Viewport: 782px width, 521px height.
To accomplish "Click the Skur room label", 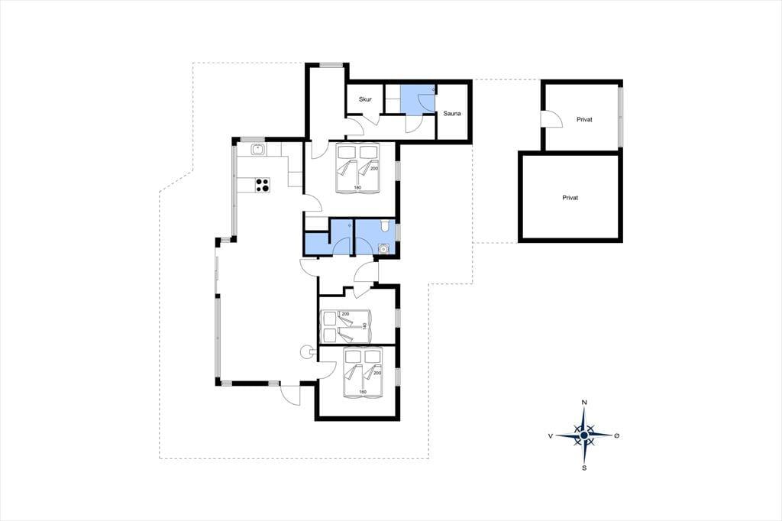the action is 365,99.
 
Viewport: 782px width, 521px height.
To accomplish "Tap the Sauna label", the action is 452,113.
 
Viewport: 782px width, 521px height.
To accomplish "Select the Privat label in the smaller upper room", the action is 584,120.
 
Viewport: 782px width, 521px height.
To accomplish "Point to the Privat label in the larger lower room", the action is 570,198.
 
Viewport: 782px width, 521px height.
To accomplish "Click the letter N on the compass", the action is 584,403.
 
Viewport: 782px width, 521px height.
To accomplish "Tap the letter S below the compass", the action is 584,468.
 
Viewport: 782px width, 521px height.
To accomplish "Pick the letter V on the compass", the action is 551,435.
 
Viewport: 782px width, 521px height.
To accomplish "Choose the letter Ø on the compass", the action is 617,435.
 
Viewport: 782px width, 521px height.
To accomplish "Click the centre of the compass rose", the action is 584,435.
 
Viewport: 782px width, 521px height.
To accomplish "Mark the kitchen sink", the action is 258,149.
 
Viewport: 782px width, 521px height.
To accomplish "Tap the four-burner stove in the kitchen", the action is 263,185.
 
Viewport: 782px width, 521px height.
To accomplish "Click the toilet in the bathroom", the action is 385,227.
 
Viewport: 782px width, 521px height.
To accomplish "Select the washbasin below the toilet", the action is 383,248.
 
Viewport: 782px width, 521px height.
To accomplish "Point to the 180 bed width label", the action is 357,188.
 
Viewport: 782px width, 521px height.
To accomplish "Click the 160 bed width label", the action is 363,392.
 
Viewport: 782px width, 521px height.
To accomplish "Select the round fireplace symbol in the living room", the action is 306,352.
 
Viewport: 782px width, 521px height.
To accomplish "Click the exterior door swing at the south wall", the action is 290,394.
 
